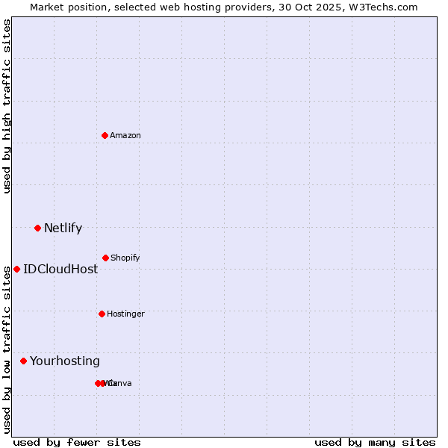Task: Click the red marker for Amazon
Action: [x=105, y=135]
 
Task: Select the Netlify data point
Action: [x=37, y=228]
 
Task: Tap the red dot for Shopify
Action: [x=105, y=258]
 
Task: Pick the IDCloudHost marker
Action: [x=16, y=269]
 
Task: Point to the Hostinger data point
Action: [x=102, y=314]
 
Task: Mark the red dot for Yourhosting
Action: [x=23, y=361]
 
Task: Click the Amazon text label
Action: [x=125, y=135]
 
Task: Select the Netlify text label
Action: [x=63, y=228]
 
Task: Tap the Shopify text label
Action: [x=125, y=258]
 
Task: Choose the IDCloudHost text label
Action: [x=60, y=269]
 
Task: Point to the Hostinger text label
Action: [x=125, y=314]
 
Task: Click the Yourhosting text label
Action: [x=65, y=361]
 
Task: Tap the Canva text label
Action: [x=121, y=383]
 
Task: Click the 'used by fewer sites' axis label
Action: [x=77, y=442]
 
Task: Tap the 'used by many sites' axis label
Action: [x=375, y=442]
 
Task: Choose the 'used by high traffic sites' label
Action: [x=7, y=106]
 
